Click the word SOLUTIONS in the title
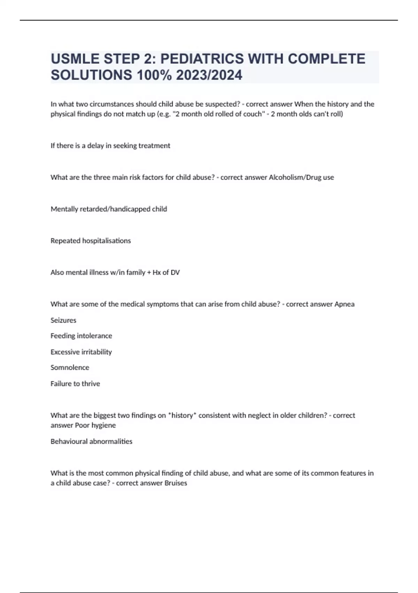click(x=91, y=75)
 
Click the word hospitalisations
click(x=106, y=241)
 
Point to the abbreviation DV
click(x=175, y=272)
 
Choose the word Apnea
click(x=344, y=304)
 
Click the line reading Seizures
click(x=63, y=320)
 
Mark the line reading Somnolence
click(x=70, y=368)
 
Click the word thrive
click(x=91, y=384)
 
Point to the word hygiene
click(x=103, y=425)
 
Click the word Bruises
click(x=176, y=483)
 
